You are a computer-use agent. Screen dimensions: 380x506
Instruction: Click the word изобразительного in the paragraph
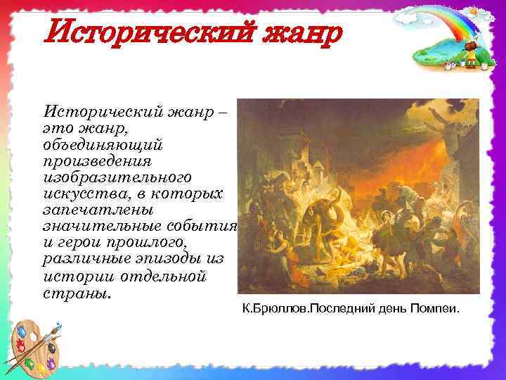pos(117,177)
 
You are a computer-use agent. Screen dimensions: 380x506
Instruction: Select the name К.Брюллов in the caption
pos(273,308)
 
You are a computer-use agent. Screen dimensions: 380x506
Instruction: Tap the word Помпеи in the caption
pos(432,308)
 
